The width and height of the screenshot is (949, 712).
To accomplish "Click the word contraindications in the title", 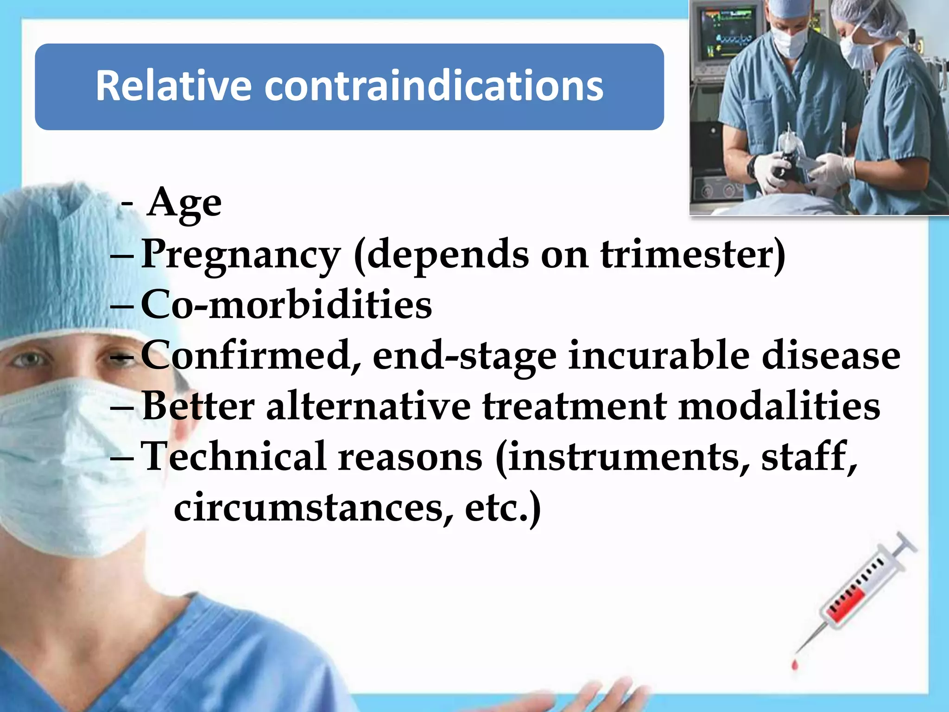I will [434, 86].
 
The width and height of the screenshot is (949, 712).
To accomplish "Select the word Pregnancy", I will [240, 255].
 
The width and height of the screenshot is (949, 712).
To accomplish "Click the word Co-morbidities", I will [286, 305].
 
